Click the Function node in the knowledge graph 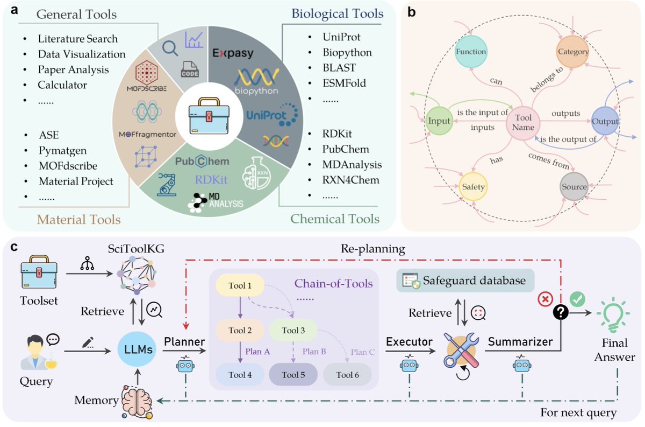pyautogui.click(x=470, y=52)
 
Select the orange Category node pyautogui.click(x=573, y=52)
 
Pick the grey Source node pyautogui.click(x=573, y=186)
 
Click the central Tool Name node pyautogui.click(x=523, y=122)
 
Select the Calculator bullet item pyautogui.click(x=62, y=85)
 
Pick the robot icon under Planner pyautogui.click(x=184, y=366)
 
